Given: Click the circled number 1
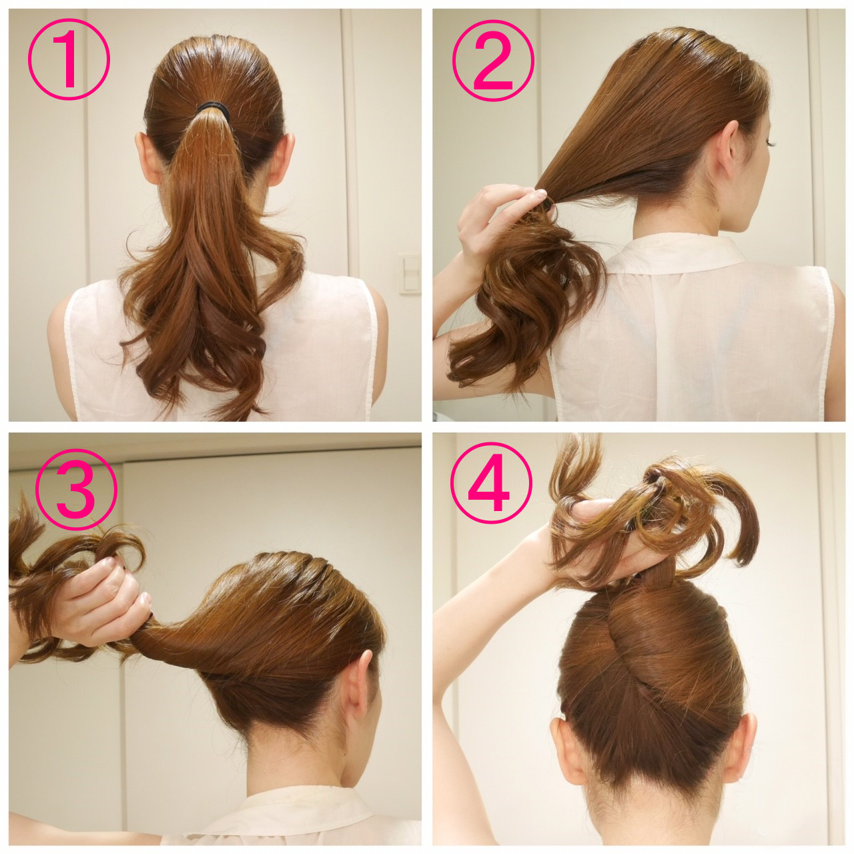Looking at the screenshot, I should pos(69,59).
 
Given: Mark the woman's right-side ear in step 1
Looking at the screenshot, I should pos(282,157).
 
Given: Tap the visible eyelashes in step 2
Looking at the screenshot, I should pos(774,143).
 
